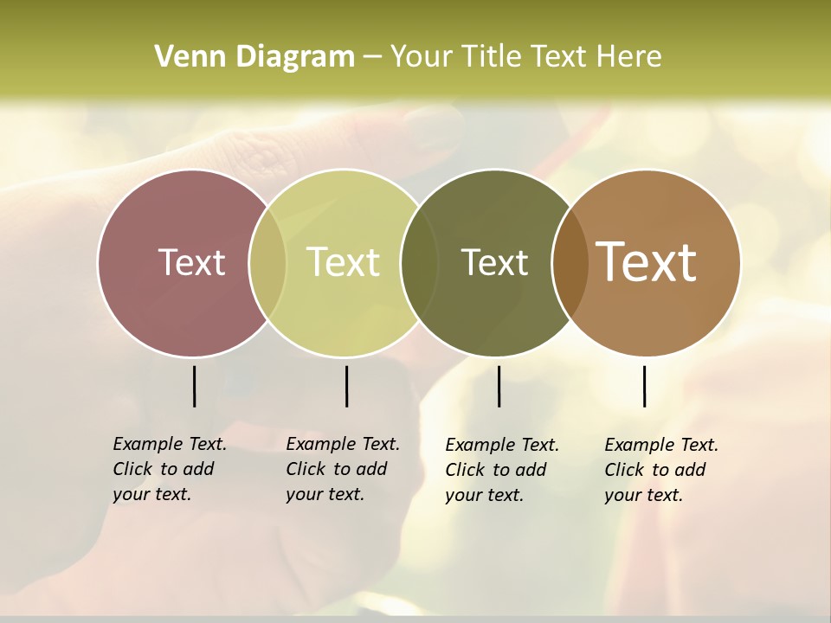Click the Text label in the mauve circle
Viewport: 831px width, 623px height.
pos(191,262)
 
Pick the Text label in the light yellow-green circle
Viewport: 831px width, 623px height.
pos(344,262)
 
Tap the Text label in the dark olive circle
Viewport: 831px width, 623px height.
pos(494,262)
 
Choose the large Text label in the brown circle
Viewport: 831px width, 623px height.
pos(647,262)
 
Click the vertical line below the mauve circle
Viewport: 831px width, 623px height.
pos(194,386)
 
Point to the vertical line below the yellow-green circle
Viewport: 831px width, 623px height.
pos(346,386)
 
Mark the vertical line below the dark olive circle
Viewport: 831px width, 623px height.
pos(499,386)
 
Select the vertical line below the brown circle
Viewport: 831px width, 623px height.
pos(644,386)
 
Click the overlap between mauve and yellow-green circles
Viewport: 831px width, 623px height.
pos(268,262)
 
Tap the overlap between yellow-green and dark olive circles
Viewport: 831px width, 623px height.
pos(419,262)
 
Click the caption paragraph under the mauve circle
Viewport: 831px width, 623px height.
pos(170,469)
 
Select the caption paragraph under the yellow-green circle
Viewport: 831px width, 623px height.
pos(343,469)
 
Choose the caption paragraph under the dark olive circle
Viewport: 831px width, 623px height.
pos(502,470)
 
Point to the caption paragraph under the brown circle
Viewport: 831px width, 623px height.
pos(661,470)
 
